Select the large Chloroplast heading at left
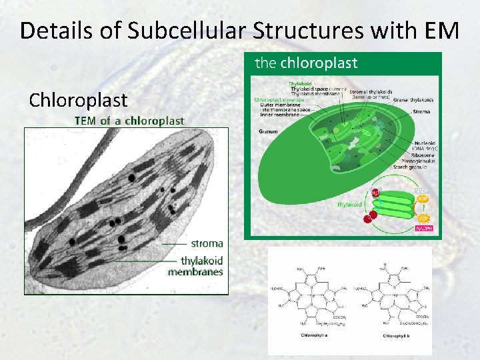pos(78,100)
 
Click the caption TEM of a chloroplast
pos(129,121)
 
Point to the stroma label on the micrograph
pos(207,243)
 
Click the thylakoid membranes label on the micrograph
pos(196,266)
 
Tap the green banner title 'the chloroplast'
pos(307,63)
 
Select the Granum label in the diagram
pos(268,131)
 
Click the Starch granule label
pos(410,167)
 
